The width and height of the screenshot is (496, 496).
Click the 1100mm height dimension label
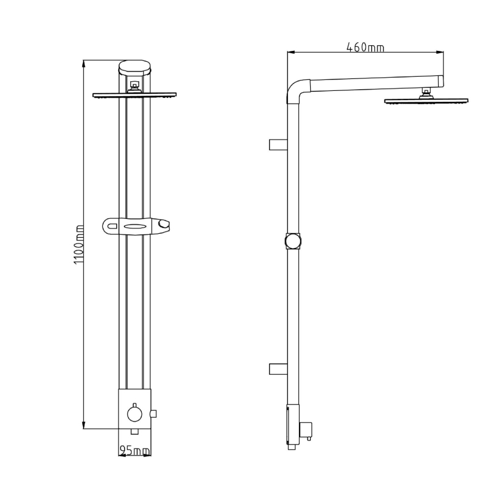tap(79, 244)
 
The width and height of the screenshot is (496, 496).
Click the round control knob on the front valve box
tap(134, 412)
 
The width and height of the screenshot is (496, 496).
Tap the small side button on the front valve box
tap(153, 413)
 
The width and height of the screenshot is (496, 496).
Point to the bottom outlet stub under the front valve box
tap(134, 430)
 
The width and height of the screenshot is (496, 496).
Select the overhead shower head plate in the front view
tap(134, 95)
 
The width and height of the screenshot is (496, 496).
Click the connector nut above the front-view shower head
tap(135, 86)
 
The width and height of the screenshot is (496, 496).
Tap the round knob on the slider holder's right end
tap(165, 226)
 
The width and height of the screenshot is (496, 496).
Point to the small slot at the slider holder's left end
tap(111, 227)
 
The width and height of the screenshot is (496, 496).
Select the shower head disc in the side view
tap(426, 101)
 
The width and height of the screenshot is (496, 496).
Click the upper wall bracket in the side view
tap(277, 144)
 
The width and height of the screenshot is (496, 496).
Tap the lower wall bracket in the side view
tap(277, 369)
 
